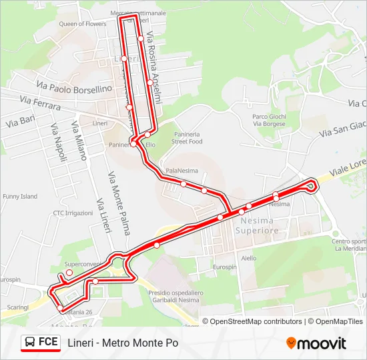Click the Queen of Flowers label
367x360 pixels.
pos(83,24)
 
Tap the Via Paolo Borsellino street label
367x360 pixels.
pos(74,87)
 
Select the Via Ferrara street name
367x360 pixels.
pos(40,103)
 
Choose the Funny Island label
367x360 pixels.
pos(20,197)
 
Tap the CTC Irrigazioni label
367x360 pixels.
pos(73,213)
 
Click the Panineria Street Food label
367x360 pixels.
pos(186,137)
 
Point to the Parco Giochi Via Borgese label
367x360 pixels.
pos(269,120)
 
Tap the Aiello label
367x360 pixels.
pos(249,258)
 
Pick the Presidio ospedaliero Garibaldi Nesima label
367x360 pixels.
pos(175,296)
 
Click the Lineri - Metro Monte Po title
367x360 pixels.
pos(123,343)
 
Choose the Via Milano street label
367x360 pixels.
pos(79,141)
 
